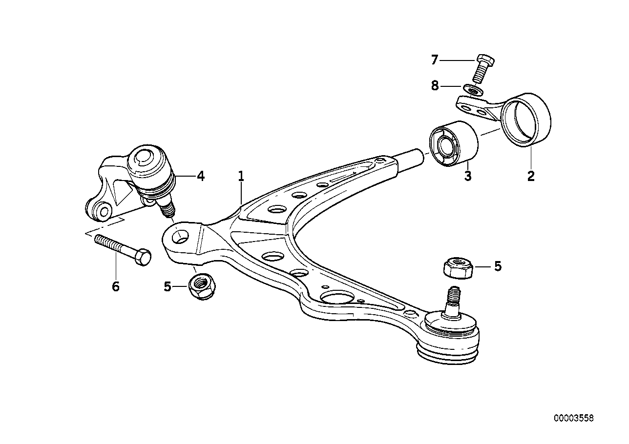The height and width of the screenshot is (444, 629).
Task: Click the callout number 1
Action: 241,176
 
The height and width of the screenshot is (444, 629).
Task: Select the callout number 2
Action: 531,176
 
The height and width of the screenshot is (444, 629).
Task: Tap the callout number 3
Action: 467,176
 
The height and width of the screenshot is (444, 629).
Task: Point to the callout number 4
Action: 200,176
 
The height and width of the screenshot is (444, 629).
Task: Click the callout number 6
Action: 116,286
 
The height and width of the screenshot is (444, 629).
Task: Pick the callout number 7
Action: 435,60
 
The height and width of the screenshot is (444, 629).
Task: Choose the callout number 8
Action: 435,86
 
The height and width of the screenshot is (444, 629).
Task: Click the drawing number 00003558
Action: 574,418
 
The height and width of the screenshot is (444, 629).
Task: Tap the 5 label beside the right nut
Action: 498,266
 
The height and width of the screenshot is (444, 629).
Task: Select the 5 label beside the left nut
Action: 168,286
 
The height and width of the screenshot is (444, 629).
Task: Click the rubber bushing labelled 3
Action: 453,143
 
